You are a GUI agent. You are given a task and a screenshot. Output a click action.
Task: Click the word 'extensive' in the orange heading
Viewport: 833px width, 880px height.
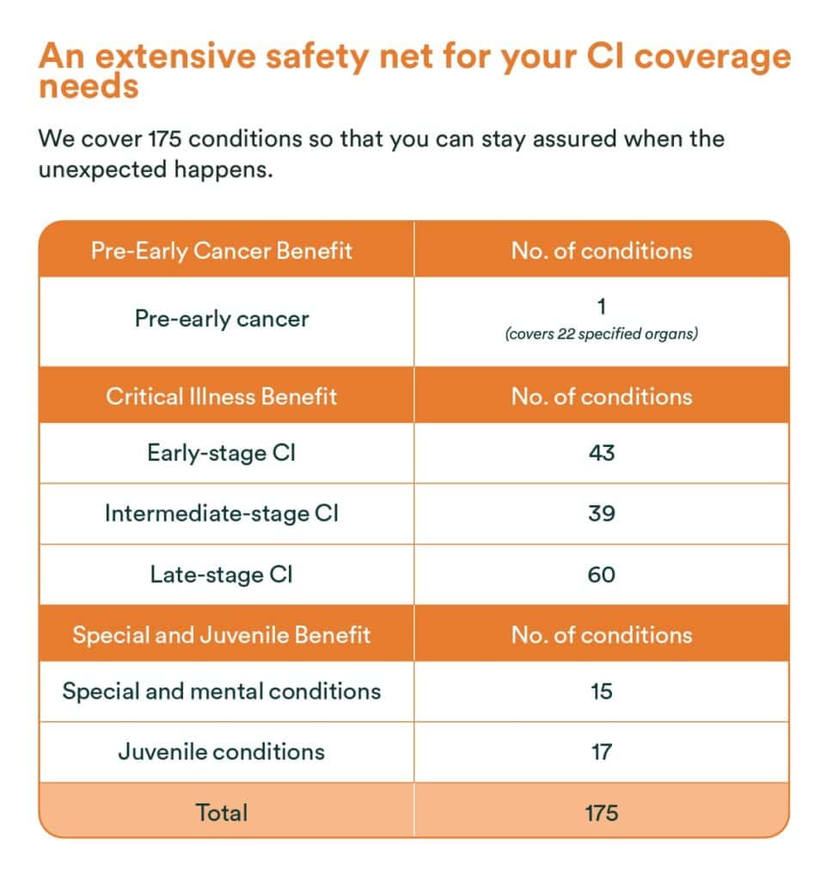(169, 58)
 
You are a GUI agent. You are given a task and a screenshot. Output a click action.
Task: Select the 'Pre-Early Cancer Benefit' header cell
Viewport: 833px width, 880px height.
(222, 250)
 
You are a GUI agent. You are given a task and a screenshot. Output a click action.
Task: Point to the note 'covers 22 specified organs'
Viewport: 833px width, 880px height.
(601, 334)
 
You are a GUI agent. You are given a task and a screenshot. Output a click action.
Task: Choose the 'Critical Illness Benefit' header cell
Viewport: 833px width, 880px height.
(222, 396)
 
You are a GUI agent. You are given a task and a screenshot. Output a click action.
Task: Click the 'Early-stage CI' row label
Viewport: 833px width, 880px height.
(222, 453)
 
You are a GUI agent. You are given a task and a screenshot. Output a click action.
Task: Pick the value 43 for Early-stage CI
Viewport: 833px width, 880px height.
(601, 453)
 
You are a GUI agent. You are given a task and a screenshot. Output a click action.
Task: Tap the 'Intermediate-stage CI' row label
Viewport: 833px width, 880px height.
(222, 513)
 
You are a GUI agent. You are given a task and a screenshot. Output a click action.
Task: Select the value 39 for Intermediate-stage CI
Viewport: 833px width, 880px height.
(601, 513)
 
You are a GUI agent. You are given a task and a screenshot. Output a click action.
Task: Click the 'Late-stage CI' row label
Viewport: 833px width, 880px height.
(222, 574)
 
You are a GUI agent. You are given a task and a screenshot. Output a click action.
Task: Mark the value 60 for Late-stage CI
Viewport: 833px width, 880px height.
(601, 574)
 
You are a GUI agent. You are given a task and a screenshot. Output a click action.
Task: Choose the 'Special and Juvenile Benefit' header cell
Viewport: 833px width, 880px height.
(222, 635)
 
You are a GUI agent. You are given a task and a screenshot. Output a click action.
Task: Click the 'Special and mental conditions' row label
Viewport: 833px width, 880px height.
(222, 691)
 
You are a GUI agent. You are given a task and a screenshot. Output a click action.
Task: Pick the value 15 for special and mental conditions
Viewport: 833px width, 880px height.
(601, 691)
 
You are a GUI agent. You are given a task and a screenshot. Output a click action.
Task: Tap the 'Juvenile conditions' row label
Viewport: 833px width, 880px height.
(222, 752)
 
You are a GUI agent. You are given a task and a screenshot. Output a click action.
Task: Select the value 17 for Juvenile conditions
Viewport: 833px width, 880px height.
(601, 752)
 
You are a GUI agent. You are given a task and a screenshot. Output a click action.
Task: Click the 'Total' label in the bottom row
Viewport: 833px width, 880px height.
(222, 812)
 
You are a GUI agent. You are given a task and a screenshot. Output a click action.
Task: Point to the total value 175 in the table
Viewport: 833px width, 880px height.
(601, 812)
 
